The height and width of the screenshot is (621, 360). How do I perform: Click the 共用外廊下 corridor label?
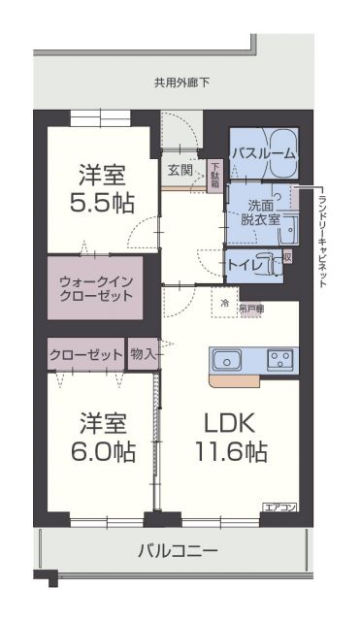[x=181, y=82]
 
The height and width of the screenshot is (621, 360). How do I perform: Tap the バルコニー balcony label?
[x=178, y=550]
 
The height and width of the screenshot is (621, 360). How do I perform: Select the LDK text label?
[x=230, y=424]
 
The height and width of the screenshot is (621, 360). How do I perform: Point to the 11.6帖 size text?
[x=230, y=451]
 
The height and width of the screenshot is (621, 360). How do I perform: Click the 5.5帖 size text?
[x=101, y=203]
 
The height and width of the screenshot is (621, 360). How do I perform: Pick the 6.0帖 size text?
[x=101, y=451]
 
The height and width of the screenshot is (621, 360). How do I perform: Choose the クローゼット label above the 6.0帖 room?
[x=85, y=354]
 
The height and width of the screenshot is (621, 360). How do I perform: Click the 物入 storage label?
[x=144, y=354]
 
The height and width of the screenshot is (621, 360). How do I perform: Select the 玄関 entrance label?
[x=180, y=171]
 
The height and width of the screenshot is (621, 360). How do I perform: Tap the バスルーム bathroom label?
[x=264, y=153]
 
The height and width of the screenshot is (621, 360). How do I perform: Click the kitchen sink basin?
[x=226, y=361]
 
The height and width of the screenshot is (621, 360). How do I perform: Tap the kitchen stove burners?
[x=280, y=361]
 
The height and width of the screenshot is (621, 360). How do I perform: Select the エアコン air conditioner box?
[x=278, y=507]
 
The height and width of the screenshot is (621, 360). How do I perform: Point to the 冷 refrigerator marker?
[x=224, y=304]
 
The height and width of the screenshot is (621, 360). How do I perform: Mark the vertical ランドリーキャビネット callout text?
[x=322, y=238]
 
